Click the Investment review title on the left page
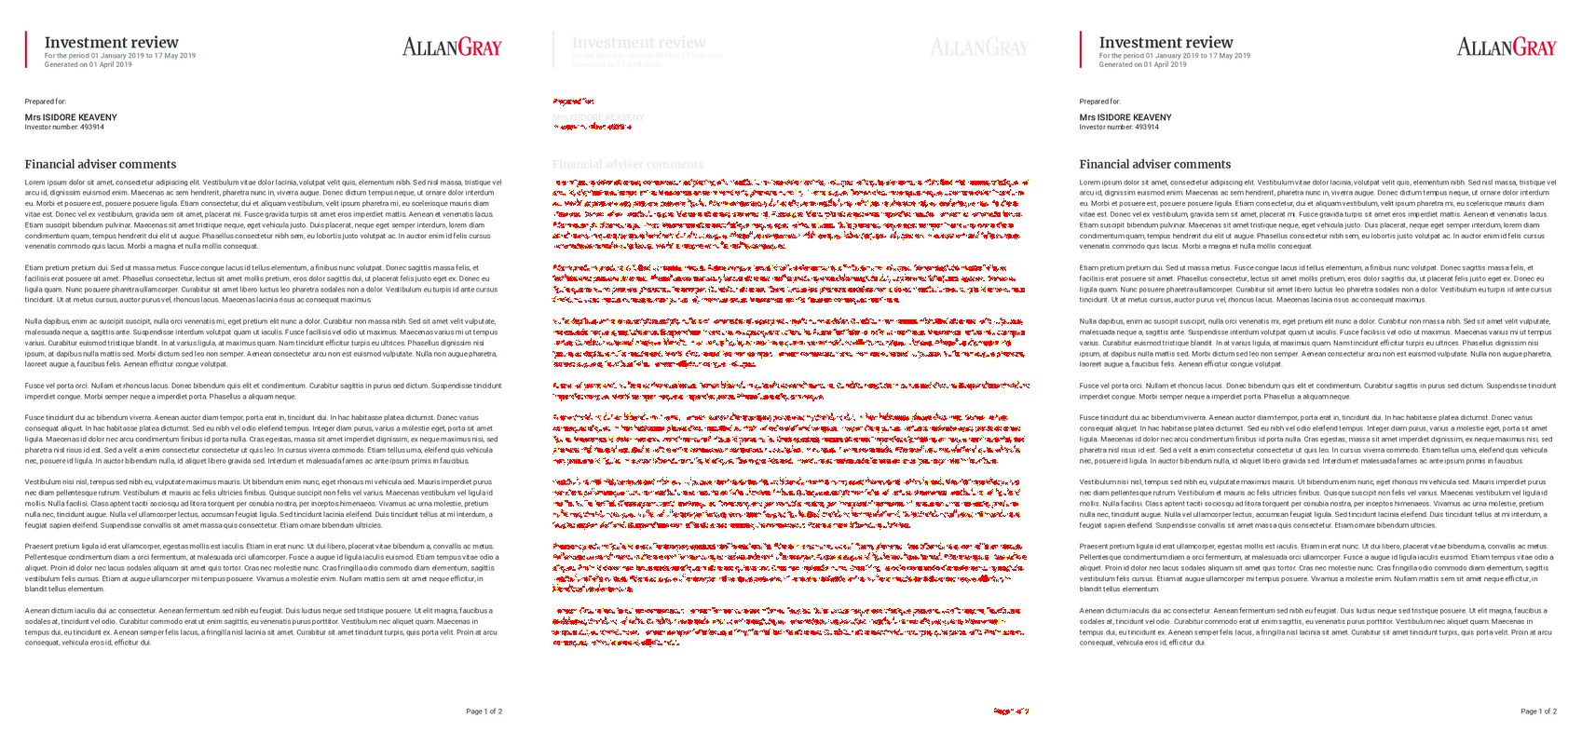[111, 43]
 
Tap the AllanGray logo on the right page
[1506, 47]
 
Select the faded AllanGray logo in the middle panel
[978, 47]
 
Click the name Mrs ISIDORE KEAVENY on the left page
[71, 117]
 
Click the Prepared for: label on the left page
[46, 102]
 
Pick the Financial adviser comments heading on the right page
[1154, 164]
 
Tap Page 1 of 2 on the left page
[484, 711]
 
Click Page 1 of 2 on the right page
[1538, 711]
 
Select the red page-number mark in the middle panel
[1011, 711]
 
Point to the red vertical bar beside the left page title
[26, 49]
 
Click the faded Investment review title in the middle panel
[638, 43]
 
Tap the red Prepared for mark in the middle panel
[573, 102]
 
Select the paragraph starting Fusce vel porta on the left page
[263, 391]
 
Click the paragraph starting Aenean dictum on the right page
[1317, 627]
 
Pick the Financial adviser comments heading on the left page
[100, 164]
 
